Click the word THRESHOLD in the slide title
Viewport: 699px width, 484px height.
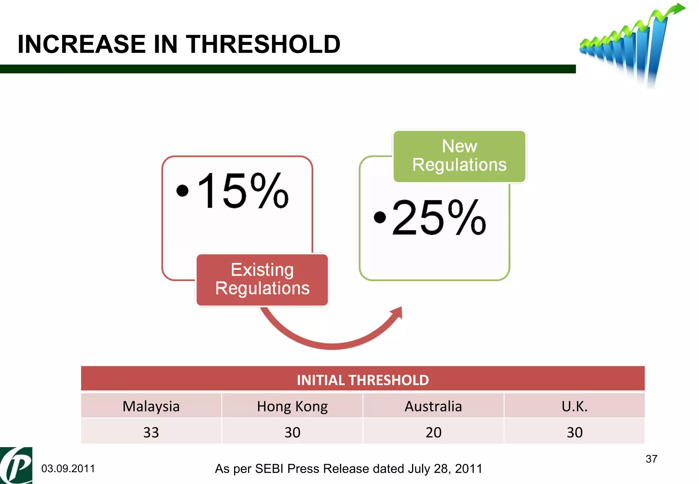tap(263, 44)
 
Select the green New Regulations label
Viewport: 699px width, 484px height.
tap(459, 156)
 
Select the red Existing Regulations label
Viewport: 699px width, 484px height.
tap(262, 280)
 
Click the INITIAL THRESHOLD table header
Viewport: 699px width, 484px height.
tap(362, 380)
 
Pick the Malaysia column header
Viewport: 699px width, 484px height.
tap(151, 406)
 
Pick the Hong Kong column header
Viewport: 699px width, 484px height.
tap(292, 406)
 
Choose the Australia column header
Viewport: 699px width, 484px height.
tap(433, 406)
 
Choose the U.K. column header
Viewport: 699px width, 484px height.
tap(574, 406)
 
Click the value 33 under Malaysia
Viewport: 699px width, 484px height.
tap(151, 432)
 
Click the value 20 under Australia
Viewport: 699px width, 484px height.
tap(433, 432)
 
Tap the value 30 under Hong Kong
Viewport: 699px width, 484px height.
tap(292, 432)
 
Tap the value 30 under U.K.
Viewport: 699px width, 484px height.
tap(574, 432)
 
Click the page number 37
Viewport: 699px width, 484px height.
tap(651, 459)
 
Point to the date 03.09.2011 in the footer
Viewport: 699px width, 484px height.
tap(68, 469)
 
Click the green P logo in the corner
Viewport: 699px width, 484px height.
tap(16, 466)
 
